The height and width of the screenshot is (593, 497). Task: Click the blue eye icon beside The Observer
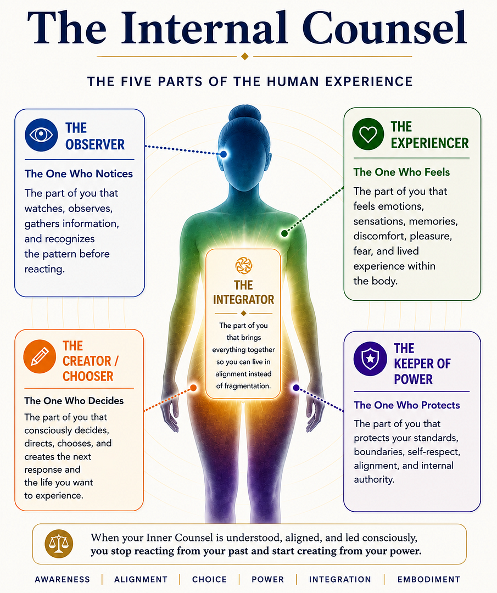(x=41, y=135)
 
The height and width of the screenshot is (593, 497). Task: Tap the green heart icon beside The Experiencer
(x=368, y=134)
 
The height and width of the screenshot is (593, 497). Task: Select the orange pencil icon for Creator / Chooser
(x=40, y=356)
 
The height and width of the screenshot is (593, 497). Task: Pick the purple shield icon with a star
(x=370, y=359)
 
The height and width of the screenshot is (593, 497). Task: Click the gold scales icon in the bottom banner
(x=59, y=544)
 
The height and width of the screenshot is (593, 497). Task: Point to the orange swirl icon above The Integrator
(x=244, y=265)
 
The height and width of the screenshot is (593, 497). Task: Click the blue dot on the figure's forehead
(x=224, y=154)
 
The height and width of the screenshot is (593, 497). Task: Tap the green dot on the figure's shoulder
(x=284, y=233)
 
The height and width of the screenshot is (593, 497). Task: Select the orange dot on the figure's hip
(x=193, y=388)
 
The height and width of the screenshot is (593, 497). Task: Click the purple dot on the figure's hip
(x=296, y=388)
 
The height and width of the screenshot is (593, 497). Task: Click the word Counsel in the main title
(x=384, y=29)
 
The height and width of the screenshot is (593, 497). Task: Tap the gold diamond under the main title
(x=245, y=57)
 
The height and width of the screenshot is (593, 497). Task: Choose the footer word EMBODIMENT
(x=429, y=579)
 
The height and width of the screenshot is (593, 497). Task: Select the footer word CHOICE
(x=210, y=579)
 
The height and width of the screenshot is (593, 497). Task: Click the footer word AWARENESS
(x=63, y=579)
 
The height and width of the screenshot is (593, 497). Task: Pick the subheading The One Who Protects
(x=407, y=405)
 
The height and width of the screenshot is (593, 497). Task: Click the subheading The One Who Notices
(x=79, y=174)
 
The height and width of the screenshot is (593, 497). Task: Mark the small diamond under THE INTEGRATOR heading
(x=244, y=313)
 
